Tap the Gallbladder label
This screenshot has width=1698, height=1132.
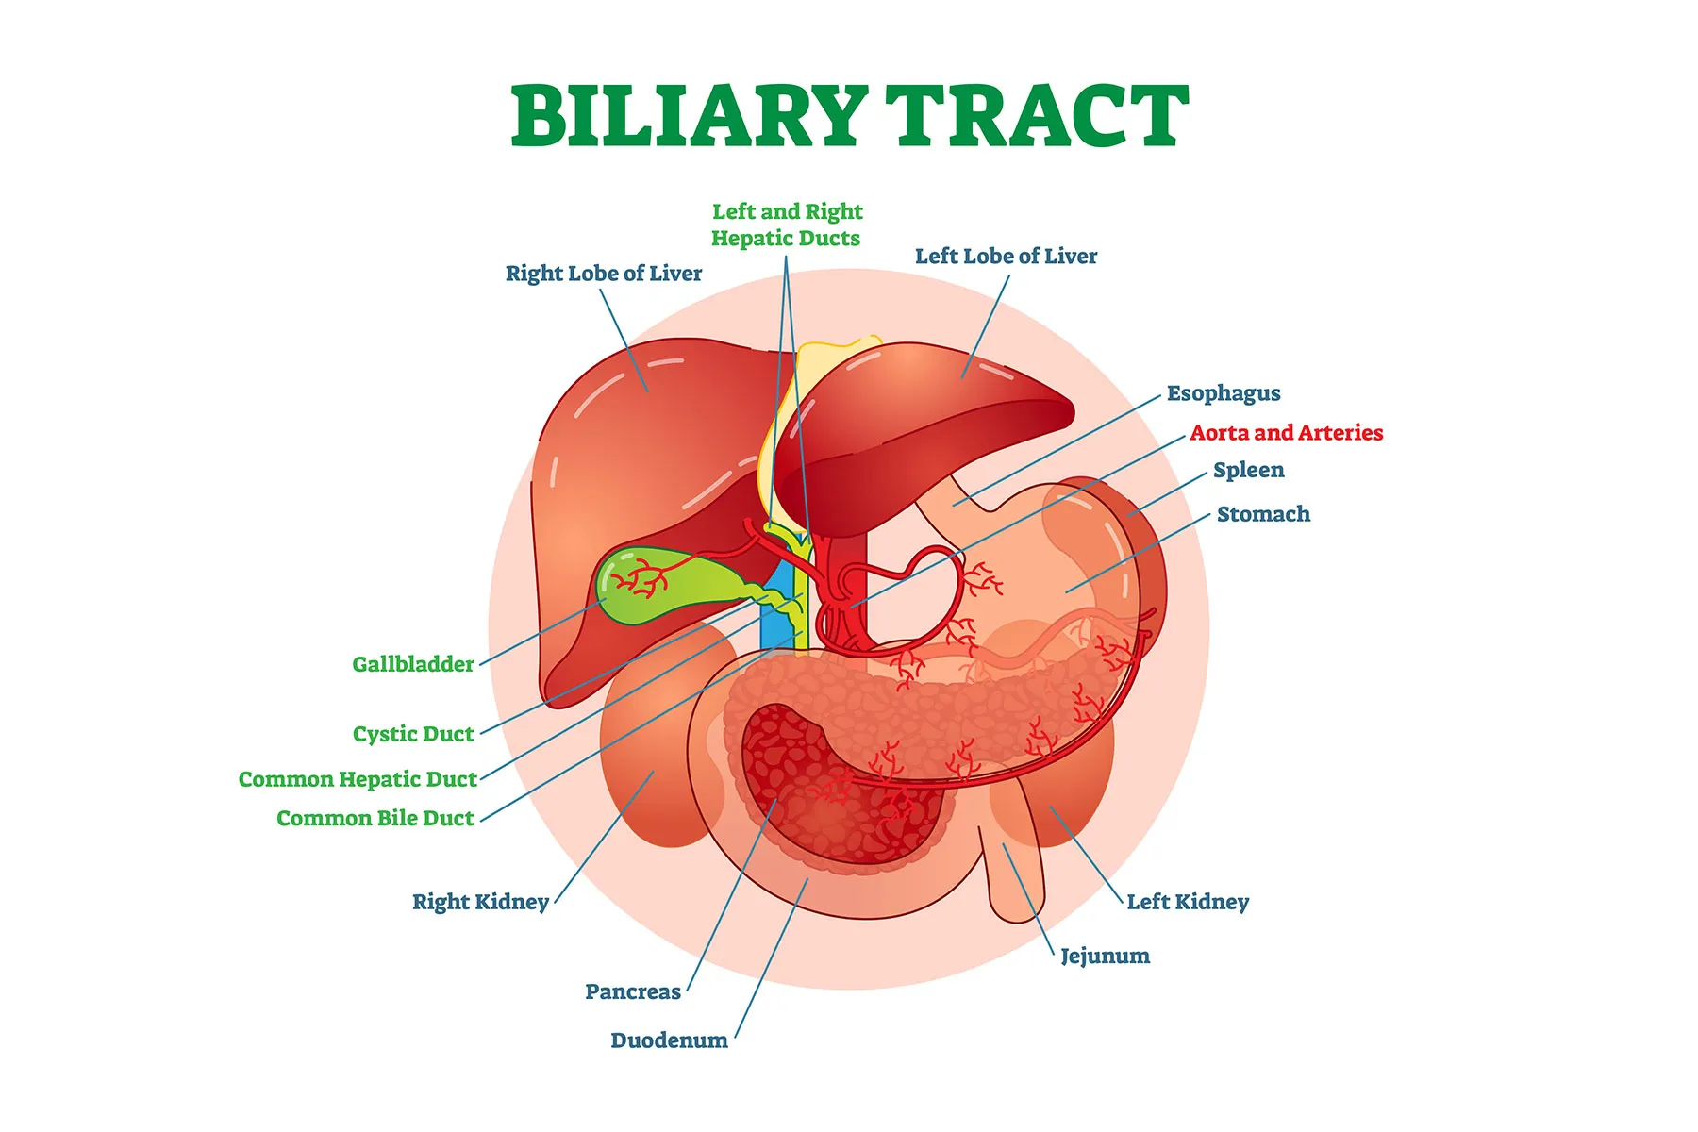click(x=413, y=664)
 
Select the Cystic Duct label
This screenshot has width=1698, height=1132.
click(x=413, y=734)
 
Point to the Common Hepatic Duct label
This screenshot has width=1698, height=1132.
click(x=358, y=779)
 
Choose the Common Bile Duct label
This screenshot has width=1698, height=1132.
click(x=375, y=818)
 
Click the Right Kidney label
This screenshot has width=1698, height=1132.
click(x=480, y=902)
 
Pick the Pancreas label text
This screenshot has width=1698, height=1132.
click(x=633, y=991)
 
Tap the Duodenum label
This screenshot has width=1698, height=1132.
click(x=669, y=1040)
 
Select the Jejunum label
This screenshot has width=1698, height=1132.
click(x=1105, y=956)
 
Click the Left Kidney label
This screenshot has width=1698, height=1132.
click(x=1188, y=902)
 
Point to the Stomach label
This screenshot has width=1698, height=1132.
click(x=1263, y=514)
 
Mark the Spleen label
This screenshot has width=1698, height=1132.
click(x=1248, y=470)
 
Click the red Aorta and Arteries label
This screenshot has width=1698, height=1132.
click(x=1287, y=433)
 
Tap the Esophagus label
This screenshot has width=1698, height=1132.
click(x=1224, y=393)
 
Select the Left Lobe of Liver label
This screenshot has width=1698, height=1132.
click(x=1006, y=257)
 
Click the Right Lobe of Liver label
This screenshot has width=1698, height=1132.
click(x=604, y=274)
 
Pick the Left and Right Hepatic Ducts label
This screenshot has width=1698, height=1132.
click(x=787, y=225)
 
